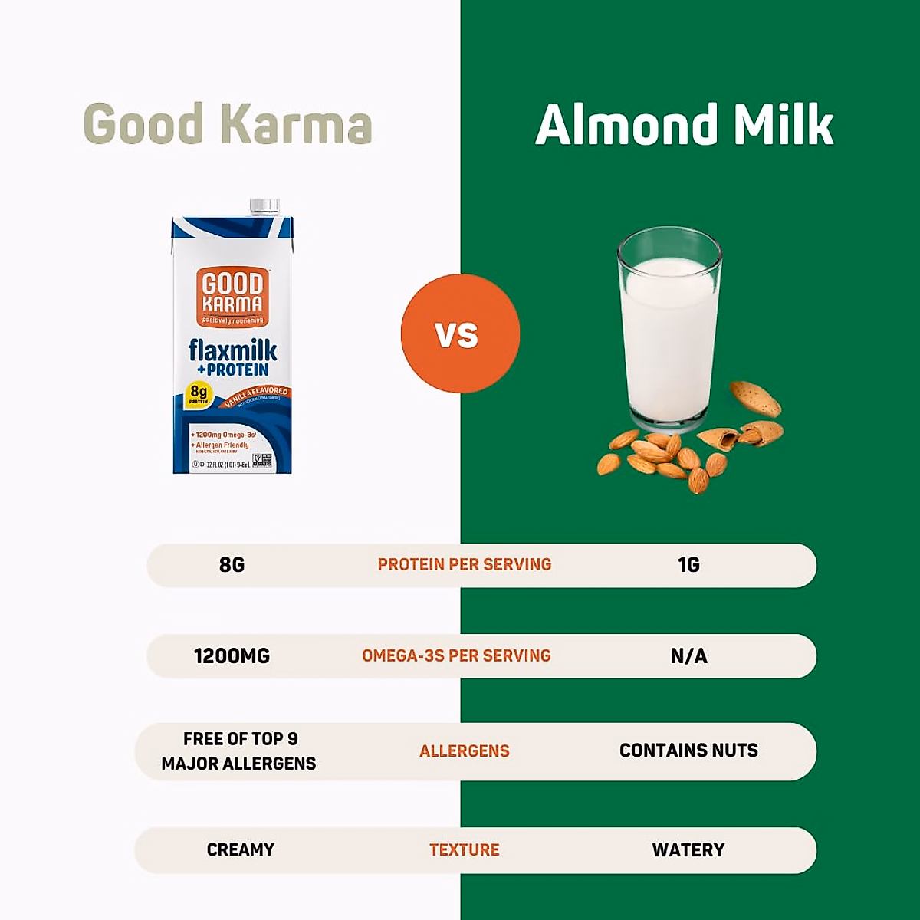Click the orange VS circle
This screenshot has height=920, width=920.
[460, 333]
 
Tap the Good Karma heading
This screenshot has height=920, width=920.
[227, 124]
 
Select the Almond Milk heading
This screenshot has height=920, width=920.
[684, 124]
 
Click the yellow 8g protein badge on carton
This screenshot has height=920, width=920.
[199, 394]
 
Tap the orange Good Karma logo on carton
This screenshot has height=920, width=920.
[232, 297]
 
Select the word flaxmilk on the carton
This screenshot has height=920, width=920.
[232, 350]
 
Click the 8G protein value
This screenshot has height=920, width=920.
[232, 565]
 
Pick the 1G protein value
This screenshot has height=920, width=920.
[688, 565]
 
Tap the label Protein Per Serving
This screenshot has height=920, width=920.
[464, 565]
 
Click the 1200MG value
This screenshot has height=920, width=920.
[232, 656]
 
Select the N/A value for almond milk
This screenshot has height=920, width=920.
[688, 656]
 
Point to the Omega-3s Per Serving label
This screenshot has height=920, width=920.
[456, 656]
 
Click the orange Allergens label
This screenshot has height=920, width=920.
[464, 751]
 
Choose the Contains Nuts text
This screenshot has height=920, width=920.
[688, 751]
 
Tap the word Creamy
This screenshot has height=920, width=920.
[240, 849]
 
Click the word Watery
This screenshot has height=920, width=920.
[688, 850]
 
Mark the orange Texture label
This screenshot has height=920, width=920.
[464, 850]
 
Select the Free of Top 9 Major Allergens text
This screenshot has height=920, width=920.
[238, 751]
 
